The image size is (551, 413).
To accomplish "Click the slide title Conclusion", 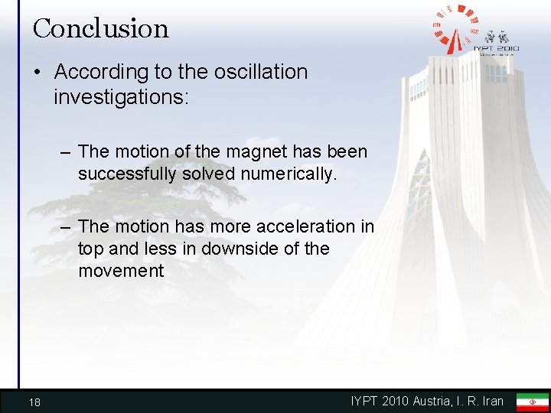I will click(x=100, y=29).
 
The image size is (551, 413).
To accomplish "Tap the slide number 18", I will click(x=34, y=402).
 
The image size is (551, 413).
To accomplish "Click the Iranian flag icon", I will click(x=532, y=402).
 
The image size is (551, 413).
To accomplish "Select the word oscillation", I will click(x=257, y=72).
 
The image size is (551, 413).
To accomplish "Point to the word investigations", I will click(x=119, y=97).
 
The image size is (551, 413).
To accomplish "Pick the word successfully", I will click(x=127, y=174).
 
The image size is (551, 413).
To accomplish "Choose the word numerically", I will click(x=287, y=174).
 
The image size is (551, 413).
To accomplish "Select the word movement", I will click(x=121, y=271).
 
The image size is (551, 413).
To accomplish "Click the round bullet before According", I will click(x=37, y=73).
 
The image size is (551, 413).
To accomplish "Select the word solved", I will click(x=210, y=174).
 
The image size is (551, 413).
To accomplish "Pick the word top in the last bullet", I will click(x=92, y=249).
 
